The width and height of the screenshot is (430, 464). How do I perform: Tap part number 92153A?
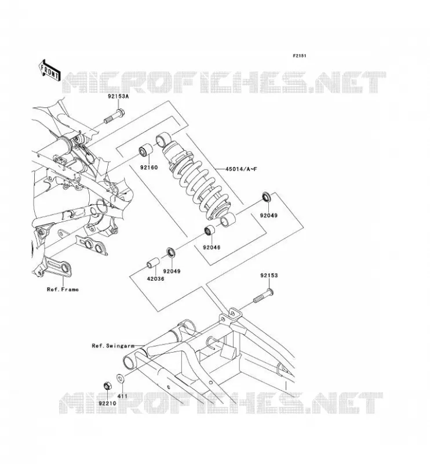[x=118, y=96]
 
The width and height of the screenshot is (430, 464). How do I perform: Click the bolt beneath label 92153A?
[x=114, y=117]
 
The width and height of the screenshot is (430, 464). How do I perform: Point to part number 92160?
[x=149, y=168]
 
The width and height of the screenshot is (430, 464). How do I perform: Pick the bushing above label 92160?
[x=146, y=150]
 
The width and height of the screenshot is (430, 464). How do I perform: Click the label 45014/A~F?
[x=241, y=169]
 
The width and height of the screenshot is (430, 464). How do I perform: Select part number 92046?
[x=212, y=247]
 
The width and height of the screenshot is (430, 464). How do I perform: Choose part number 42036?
[x=155, y=278]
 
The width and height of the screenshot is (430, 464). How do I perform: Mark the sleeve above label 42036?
[x=154, y=263]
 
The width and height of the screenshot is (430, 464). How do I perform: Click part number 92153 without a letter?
[x=269, y=275]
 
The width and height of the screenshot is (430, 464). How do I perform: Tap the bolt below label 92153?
[x=263, y=296]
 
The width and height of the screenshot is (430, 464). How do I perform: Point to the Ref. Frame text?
[x=63, y=289]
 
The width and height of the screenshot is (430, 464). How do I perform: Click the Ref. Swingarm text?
[x=113, y=346]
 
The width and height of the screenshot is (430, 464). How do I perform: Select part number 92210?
[x=107, y=403]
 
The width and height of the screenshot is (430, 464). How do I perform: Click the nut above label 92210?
[x=107, y=386]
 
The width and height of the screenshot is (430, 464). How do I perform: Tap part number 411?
[x=122, y=396]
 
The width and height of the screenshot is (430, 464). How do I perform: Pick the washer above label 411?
[x=121, y=378]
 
